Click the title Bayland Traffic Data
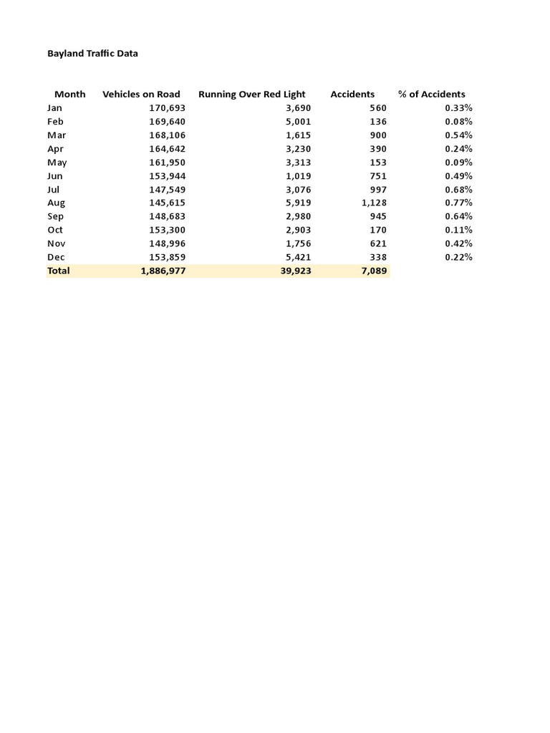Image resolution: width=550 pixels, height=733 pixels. [92, 53]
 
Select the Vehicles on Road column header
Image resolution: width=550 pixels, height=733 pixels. [141, 94]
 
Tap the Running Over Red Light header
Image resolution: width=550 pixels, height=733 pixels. [251, 94]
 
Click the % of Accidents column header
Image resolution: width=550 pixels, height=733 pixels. [431, 94]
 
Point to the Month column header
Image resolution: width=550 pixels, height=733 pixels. [69, 94]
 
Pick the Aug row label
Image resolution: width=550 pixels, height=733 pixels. [56, 203]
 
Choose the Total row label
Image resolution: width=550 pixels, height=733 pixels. [59, 271]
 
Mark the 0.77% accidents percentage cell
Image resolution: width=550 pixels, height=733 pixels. [458, 203]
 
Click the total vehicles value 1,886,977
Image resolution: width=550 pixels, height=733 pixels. [158, 271]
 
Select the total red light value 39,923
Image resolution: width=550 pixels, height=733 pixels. [295, 271]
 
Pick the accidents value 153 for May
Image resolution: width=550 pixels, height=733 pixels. [377, 162]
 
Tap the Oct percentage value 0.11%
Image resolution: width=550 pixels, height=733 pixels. [458, 230]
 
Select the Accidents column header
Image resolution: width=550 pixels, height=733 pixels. [352, 94]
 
